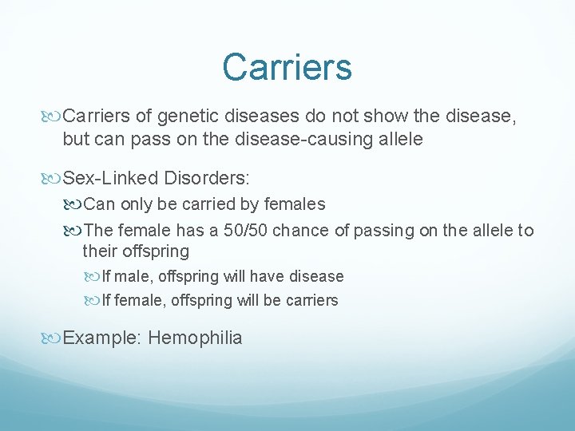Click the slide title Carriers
pyautogui.click(x=287, y=67)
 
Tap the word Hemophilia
pyautogui.click(x=195, y=338)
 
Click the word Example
pyautogui.click(x=102, y=338)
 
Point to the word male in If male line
pyautogui.click(x=130, y=277)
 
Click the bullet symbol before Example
pyautogui.click(x=54, y=338)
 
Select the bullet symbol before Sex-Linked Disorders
pyautogui.click(x=54, y=176)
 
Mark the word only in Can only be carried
pyautogui.click(x=137, y=204)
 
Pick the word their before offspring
pyautogui.click(x=101, y=251)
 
